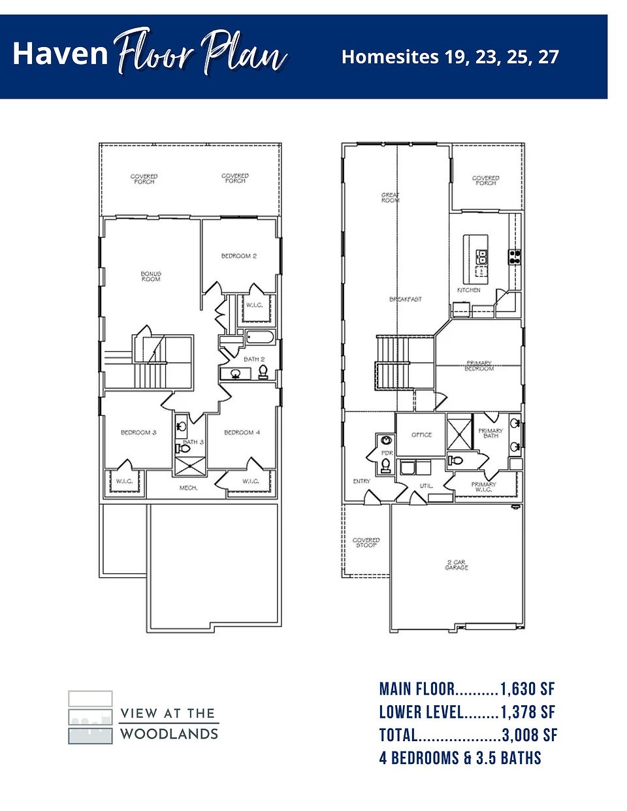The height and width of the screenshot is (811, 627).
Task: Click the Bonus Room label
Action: tap(151, 276)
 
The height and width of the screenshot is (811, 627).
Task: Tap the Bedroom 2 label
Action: tap(239, 256)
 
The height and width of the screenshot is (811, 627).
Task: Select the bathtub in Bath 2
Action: tap(260, 338)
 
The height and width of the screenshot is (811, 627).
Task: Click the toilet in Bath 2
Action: tap(263, 372)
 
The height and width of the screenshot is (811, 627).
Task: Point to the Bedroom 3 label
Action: tap(138, 432)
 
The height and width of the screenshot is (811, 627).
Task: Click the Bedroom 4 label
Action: tap(242, 432)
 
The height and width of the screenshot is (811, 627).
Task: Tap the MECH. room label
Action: tap(189, 488)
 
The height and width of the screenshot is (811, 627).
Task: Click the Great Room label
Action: tap(390, 198)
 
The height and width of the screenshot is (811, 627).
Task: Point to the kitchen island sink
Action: tap(482, 256)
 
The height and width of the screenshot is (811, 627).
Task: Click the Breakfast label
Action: tap(406, 299)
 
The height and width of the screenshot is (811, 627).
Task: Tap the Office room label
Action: tap(421, 435)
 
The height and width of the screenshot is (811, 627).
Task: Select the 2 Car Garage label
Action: tap(457, 565)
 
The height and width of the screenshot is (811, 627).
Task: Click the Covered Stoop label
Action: tap(366, 543)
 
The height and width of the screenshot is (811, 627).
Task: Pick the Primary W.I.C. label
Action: tap(484, 487)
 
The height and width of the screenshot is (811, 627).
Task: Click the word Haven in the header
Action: tap(60, 54)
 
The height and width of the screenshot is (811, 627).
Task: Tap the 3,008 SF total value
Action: tap(530, 735)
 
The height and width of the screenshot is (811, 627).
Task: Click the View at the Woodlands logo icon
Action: tap(90, 717)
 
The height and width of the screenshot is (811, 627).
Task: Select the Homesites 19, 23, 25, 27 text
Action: tap(450, 57)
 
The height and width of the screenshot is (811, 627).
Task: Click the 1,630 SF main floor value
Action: tap(528, 689)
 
